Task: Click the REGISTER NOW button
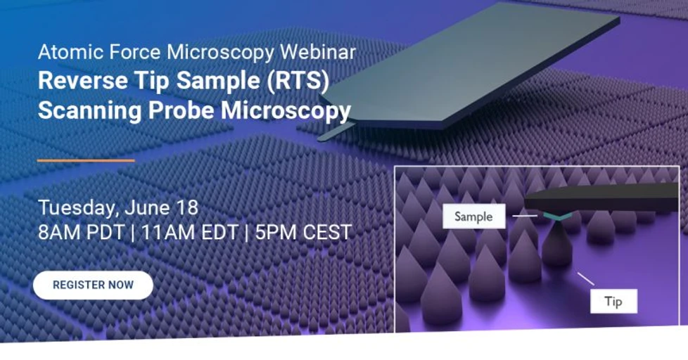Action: point(93,285)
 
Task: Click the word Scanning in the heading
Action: point(80,110)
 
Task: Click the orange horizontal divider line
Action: point(86,160)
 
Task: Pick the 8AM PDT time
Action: point(81,233)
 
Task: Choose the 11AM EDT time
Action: point(188,233)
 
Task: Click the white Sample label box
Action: point(473,217)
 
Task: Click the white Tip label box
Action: point(613,302)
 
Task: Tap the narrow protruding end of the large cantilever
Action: point(336,131)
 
